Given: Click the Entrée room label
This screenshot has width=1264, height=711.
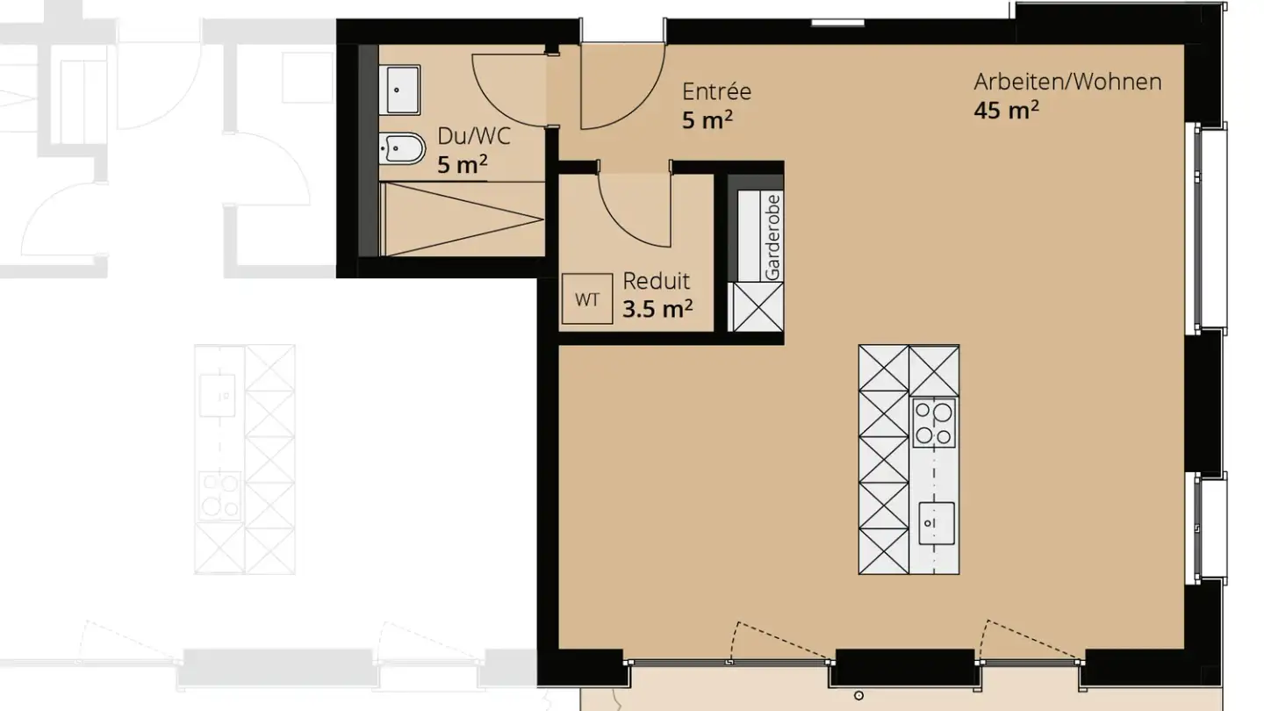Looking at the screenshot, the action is coord(716,91).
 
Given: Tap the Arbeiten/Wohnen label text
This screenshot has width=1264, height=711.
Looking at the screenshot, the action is coord(1067,83).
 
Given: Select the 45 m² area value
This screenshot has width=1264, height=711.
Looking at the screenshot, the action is coord(1006,110).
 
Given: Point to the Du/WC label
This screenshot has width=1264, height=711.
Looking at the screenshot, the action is coord(474,136).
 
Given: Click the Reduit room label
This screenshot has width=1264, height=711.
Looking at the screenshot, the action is coord(656,281).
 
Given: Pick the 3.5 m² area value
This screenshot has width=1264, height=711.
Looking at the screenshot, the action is coord(657,309).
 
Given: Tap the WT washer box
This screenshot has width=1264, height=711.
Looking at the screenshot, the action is coord(587,299).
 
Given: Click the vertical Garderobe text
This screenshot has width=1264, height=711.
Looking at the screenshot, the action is coord(772,237).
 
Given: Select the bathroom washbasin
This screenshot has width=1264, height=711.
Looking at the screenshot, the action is coord(399,90).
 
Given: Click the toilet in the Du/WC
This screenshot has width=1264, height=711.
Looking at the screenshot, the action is coord(401,149).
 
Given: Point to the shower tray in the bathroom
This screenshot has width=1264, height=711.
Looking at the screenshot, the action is coord(463,219).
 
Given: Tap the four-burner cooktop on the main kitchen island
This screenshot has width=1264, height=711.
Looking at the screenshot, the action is coord(934,423).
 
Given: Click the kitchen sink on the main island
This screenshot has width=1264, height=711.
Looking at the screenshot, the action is coord(936,523).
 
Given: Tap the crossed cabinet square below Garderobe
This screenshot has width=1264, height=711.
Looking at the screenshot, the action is coord(756,307).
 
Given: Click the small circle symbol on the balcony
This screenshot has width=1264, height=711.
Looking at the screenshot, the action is coord(858,696).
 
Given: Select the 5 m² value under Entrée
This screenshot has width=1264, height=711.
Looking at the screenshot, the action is coord(707,119).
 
